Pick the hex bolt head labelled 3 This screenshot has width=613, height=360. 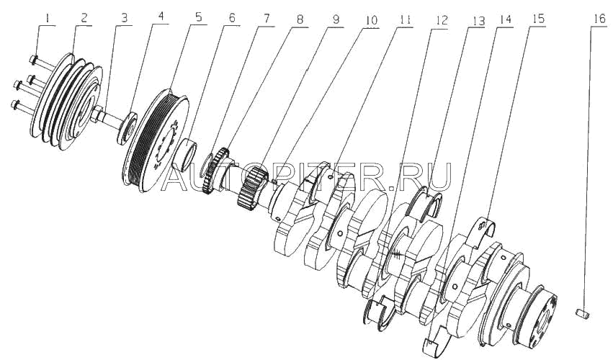coord(96,113)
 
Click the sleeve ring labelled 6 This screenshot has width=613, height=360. coord(192,154)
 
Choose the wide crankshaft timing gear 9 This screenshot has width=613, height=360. coord(251,186)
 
